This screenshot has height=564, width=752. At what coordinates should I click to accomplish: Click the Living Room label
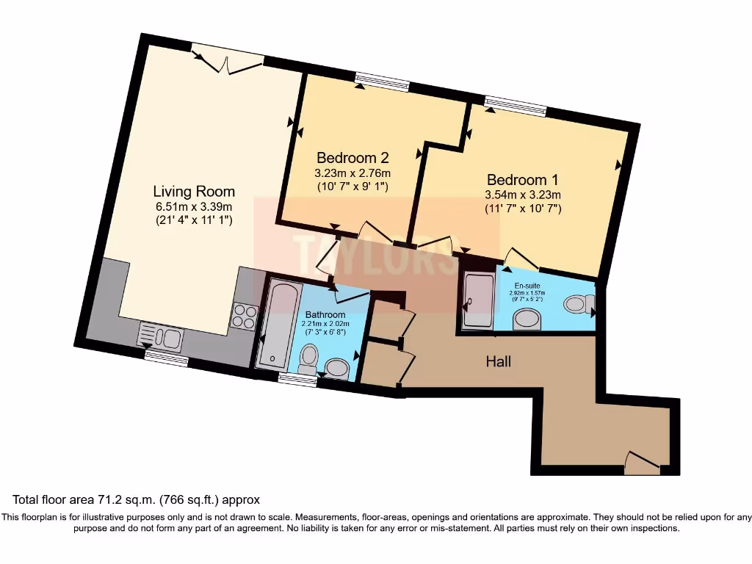point(194,192)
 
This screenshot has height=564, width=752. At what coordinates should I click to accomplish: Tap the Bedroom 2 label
point(352,158)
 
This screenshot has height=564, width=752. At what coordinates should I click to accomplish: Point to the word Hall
point(498,361)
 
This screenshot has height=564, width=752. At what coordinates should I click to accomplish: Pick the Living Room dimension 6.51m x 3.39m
point(194,206)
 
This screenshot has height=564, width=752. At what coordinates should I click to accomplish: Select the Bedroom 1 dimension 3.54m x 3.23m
point(522,195)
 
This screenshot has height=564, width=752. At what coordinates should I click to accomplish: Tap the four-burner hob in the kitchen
point(244,317)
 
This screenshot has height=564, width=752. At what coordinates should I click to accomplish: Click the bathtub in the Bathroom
point(279,324)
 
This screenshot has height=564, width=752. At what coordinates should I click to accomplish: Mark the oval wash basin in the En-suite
point(526,318)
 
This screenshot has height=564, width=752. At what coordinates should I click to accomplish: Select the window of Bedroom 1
point(515,106)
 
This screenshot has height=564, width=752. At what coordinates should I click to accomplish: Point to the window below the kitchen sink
point(165,358)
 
